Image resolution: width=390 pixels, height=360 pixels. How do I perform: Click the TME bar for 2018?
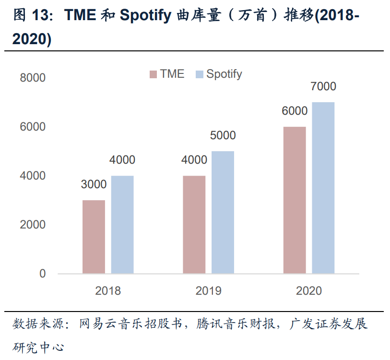click(x=94, y=237)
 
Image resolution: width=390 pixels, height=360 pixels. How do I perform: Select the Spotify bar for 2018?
click(x=122, y=225)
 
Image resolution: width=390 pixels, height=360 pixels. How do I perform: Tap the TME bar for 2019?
click(x=194, y=225)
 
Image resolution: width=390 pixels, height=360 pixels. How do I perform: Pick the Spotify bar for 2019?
click(x=223, y=212)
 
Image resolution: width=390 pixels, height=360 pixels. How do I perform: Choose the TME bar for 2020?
click(x=294, y=200)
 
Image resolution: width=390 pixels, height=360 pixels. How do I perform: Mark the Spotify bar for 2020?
click(x=323, y=188)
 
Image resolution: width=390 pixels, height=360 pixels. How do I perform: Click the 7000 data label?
click(x=323, y=87)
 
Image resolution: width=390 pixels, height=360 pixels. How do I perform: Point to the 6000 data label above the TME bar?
click(x=294, y=111)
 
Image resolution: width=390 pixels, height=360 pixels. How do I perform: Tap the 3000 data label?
click(x=94, y=184)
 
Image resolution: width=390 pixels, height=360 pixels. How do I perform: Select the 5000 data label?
click(x=223, y=135)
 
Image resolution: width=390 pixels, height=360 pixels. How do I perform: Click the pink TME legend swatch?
click(x=153, y=74)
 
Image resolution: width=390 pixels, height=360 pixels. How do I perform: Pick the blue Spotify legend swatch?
click(x=200, y=74)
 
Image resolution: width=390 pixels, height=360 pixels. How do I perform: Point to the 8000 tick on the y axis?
click(x=33, y=78)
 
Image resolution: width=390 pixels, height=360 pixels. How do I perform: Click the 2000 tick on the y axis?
click(x=33, y=225)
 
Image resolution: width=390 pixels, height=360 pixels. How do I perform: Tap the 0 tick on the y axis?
click(x=43, y=274)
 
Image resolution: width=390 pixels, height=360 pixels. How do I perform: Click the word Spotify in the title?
click(x=145, y=16)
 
